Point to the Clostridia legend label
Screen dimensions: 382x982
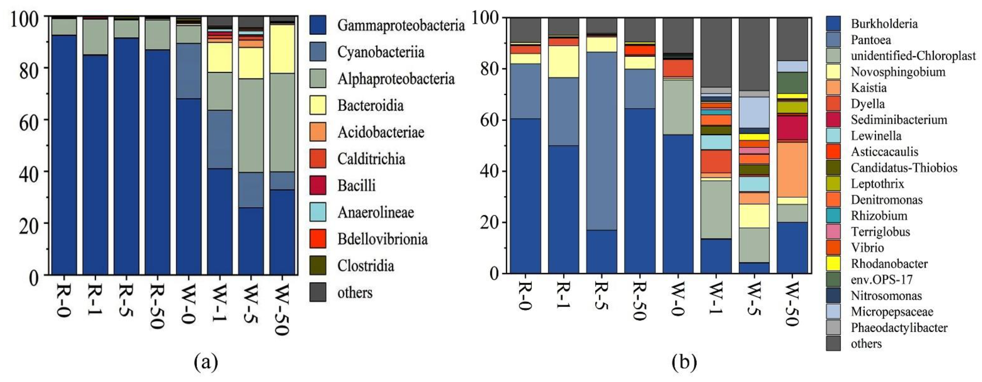365,265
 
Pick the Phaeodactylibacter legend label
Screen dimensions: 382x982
899,327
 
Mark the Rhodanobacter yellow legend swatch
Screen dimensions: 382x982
833,264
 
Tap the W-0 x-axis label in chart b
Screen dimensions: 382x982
677,299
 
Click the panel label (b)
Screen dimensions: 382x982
684,361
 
